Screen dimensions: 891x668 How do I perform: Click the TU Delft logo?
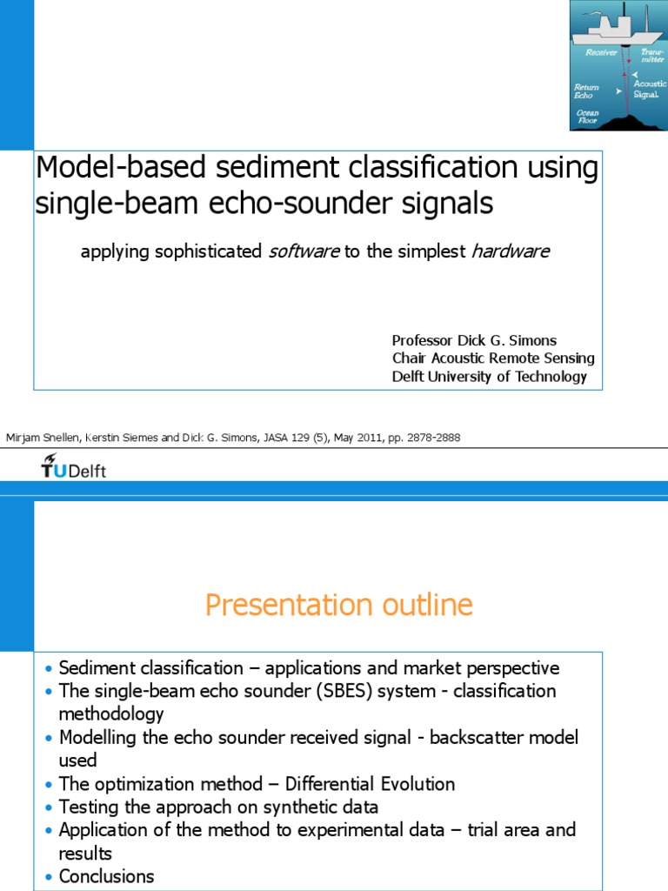point(73,470)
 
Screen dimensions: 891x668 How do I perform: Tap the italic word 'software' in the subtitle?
point(303,251)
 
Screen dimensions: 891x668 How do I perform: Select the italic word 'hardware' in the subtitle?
point(510,251)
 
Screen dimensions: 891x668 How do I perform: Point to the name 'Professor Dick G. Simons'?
point(474,340)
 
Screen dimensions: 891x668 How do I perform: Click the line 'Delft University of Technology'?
point(490,377)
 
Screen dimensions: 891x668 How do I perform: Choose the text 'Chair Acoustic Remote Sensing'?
point(493,358)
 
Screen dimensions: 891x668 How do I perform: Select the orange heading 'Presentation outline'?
point(339,605)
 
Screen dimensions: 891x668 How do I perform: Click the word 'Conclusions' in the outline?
point(106,876)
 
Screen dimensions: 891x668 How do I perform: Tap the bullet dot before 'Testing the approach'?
point(49,807)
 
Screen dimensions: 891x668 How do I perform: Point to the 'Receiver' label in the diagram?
point(601,52)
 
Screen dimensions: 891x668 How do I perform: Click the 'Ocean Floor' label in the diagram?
point(588,117)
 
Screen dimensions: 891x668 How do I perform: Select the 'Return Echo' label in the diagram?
point(587,90)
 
